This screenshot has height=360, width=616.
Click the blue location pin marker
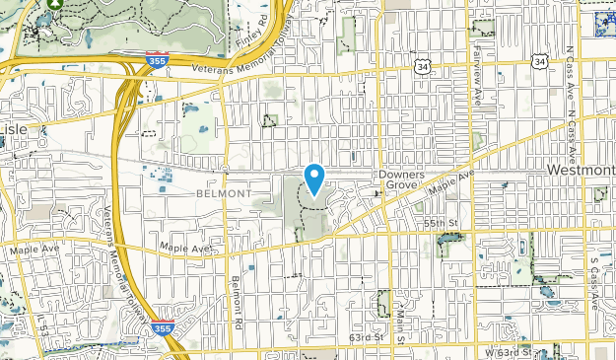click(x=314, y=179)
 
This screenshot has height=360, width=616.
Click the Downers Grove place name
click(x=400, y=179)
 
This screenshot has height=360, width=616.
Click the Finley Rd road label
click(x=261, y=33)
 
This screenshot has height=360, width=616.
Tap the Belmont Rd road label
click(x=236, y=301)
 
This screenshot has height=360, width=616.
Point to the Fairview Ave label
click(x=475, y=61)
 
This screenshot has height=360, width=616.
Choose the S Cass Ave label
click(x=594, y=282)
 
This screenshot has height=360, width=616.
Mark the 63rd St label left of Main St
click(x=365, y=337)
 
